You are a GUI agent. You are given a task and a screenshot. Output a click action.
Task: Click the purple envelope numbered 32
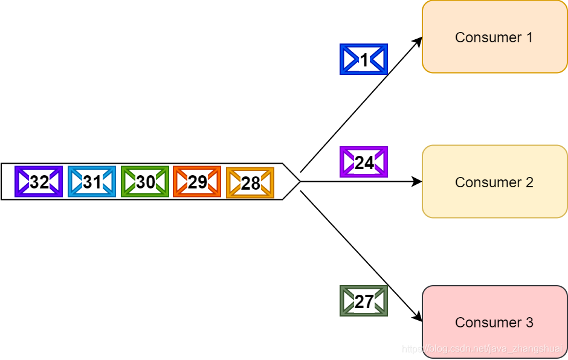(39, 182)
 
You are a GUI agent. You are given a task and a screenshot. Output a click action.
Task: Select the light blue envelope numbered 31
(92, 182)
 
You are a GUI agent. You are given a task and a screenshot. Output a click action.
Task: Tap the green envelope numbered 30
(145, 182)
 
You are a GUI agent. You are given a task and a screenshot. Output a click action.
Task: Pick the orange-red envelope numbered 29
(197, 182)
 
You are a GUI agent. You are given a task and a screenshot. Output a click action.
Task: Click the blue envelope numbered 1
(364, 59)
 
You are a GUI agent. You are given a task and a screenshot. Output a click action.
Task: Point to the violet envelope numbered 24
(364, 162)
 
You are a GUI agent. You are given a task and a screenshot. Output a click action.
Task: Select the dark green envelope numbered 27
(364, 301)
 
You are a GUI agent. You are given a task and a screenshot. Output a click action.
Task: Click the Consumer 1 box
(494, 37)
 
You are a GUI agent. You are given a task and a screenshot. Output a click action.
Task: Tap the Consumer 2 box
(494, 182)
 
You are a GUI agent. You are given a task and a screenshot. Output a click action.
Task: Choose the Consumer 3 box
(494, 322)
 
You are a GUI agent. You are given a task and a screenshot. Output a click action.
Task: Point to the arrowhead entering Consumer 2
(417, 181)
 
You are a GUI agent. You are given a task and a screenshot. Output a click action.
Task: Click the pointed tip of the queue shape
(300, 181)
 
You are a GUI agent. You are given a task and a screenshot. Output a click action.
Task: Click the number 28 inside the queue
(250, 184)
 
